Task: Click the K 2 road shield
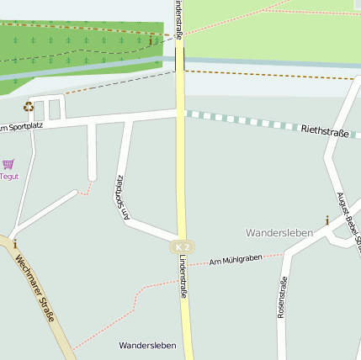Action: (x=183, y=246)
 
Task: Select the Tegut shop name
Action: (x=8, y=177)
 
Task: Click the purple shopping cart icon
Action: (x=8, y=164)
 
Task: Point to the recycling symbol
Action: (x=29, y=107)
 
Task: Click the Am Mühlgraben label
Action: (x=236, y=260)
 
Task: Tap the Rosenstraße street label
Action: (x=282, y=297)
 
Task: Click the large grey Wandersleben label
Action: (x=279, y=231)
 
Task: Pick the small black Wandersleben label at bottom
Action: (x=147, y=346)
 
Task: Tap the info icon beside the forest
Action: (x=151, y=40)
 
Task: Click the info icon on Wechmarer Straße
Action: (x=14, y=244)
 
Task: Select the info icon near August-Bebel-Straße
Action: (x=327, y=220)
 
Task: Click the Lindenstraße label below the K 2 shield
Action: (x=182, y=278)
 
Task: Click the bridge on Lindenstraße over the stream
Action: (x=180, y=59)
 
